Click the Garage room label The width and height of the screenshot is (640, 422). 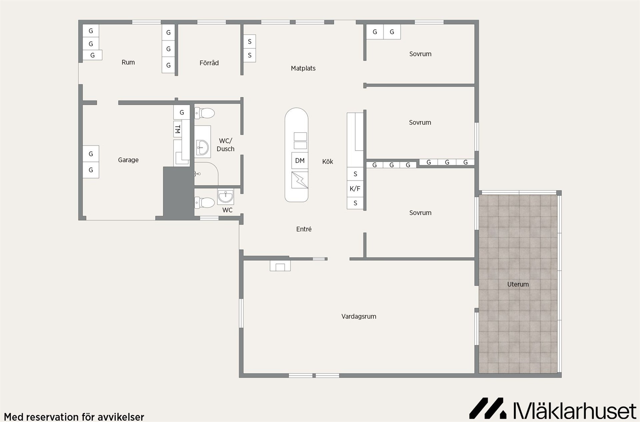click(128, 160)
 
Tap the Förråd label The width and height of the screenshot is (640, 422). click(209, 63)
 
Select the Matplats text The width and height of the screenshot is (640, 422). click(303, 68)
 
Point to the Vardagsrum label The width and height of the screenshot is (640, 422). click(359, 316)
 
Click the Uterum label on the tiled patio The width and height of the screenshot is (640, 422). click(518, 284)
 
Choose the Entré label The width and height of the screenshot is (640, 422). click(304, 229)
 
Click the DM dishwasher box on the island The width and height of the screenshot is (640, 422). click(300, 161)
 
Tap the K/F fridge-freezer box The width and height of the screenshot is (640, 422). click(355, 189)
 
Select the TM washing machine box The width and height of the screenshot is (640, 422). click(178, 129)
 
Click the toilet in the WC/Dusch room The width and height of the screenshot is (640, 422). click(204, 113)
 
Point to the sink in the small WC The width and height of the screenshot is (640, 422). click(226, 196)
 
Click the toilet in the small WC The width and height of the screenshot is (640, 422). click(204, 202)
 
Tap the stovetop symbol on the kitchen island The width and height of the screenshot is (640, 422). click(300, 180)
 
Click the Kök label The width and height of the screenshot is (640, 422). click(328, 162)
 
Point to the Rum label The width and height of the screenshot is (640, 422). click(128, 62)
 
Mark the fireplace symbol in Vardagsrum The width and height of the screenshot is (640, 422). click(280, 266)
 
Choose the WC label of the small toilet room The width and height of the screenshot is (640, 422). click(227, 210)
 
